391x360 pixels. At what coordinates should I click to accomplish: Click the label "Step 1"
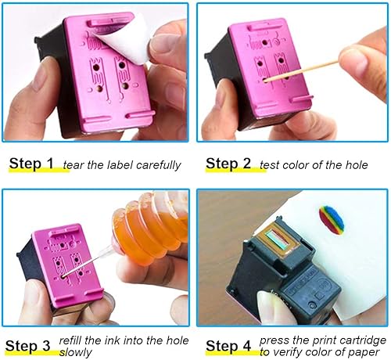[32, 164]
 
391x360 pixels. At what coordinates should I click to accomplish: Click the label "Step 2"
[228, 164]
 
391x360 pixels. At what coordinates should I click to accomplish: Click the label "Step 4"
[228, 345]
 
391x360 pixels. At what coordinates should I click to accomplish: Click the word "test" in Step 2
[270, 165]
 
